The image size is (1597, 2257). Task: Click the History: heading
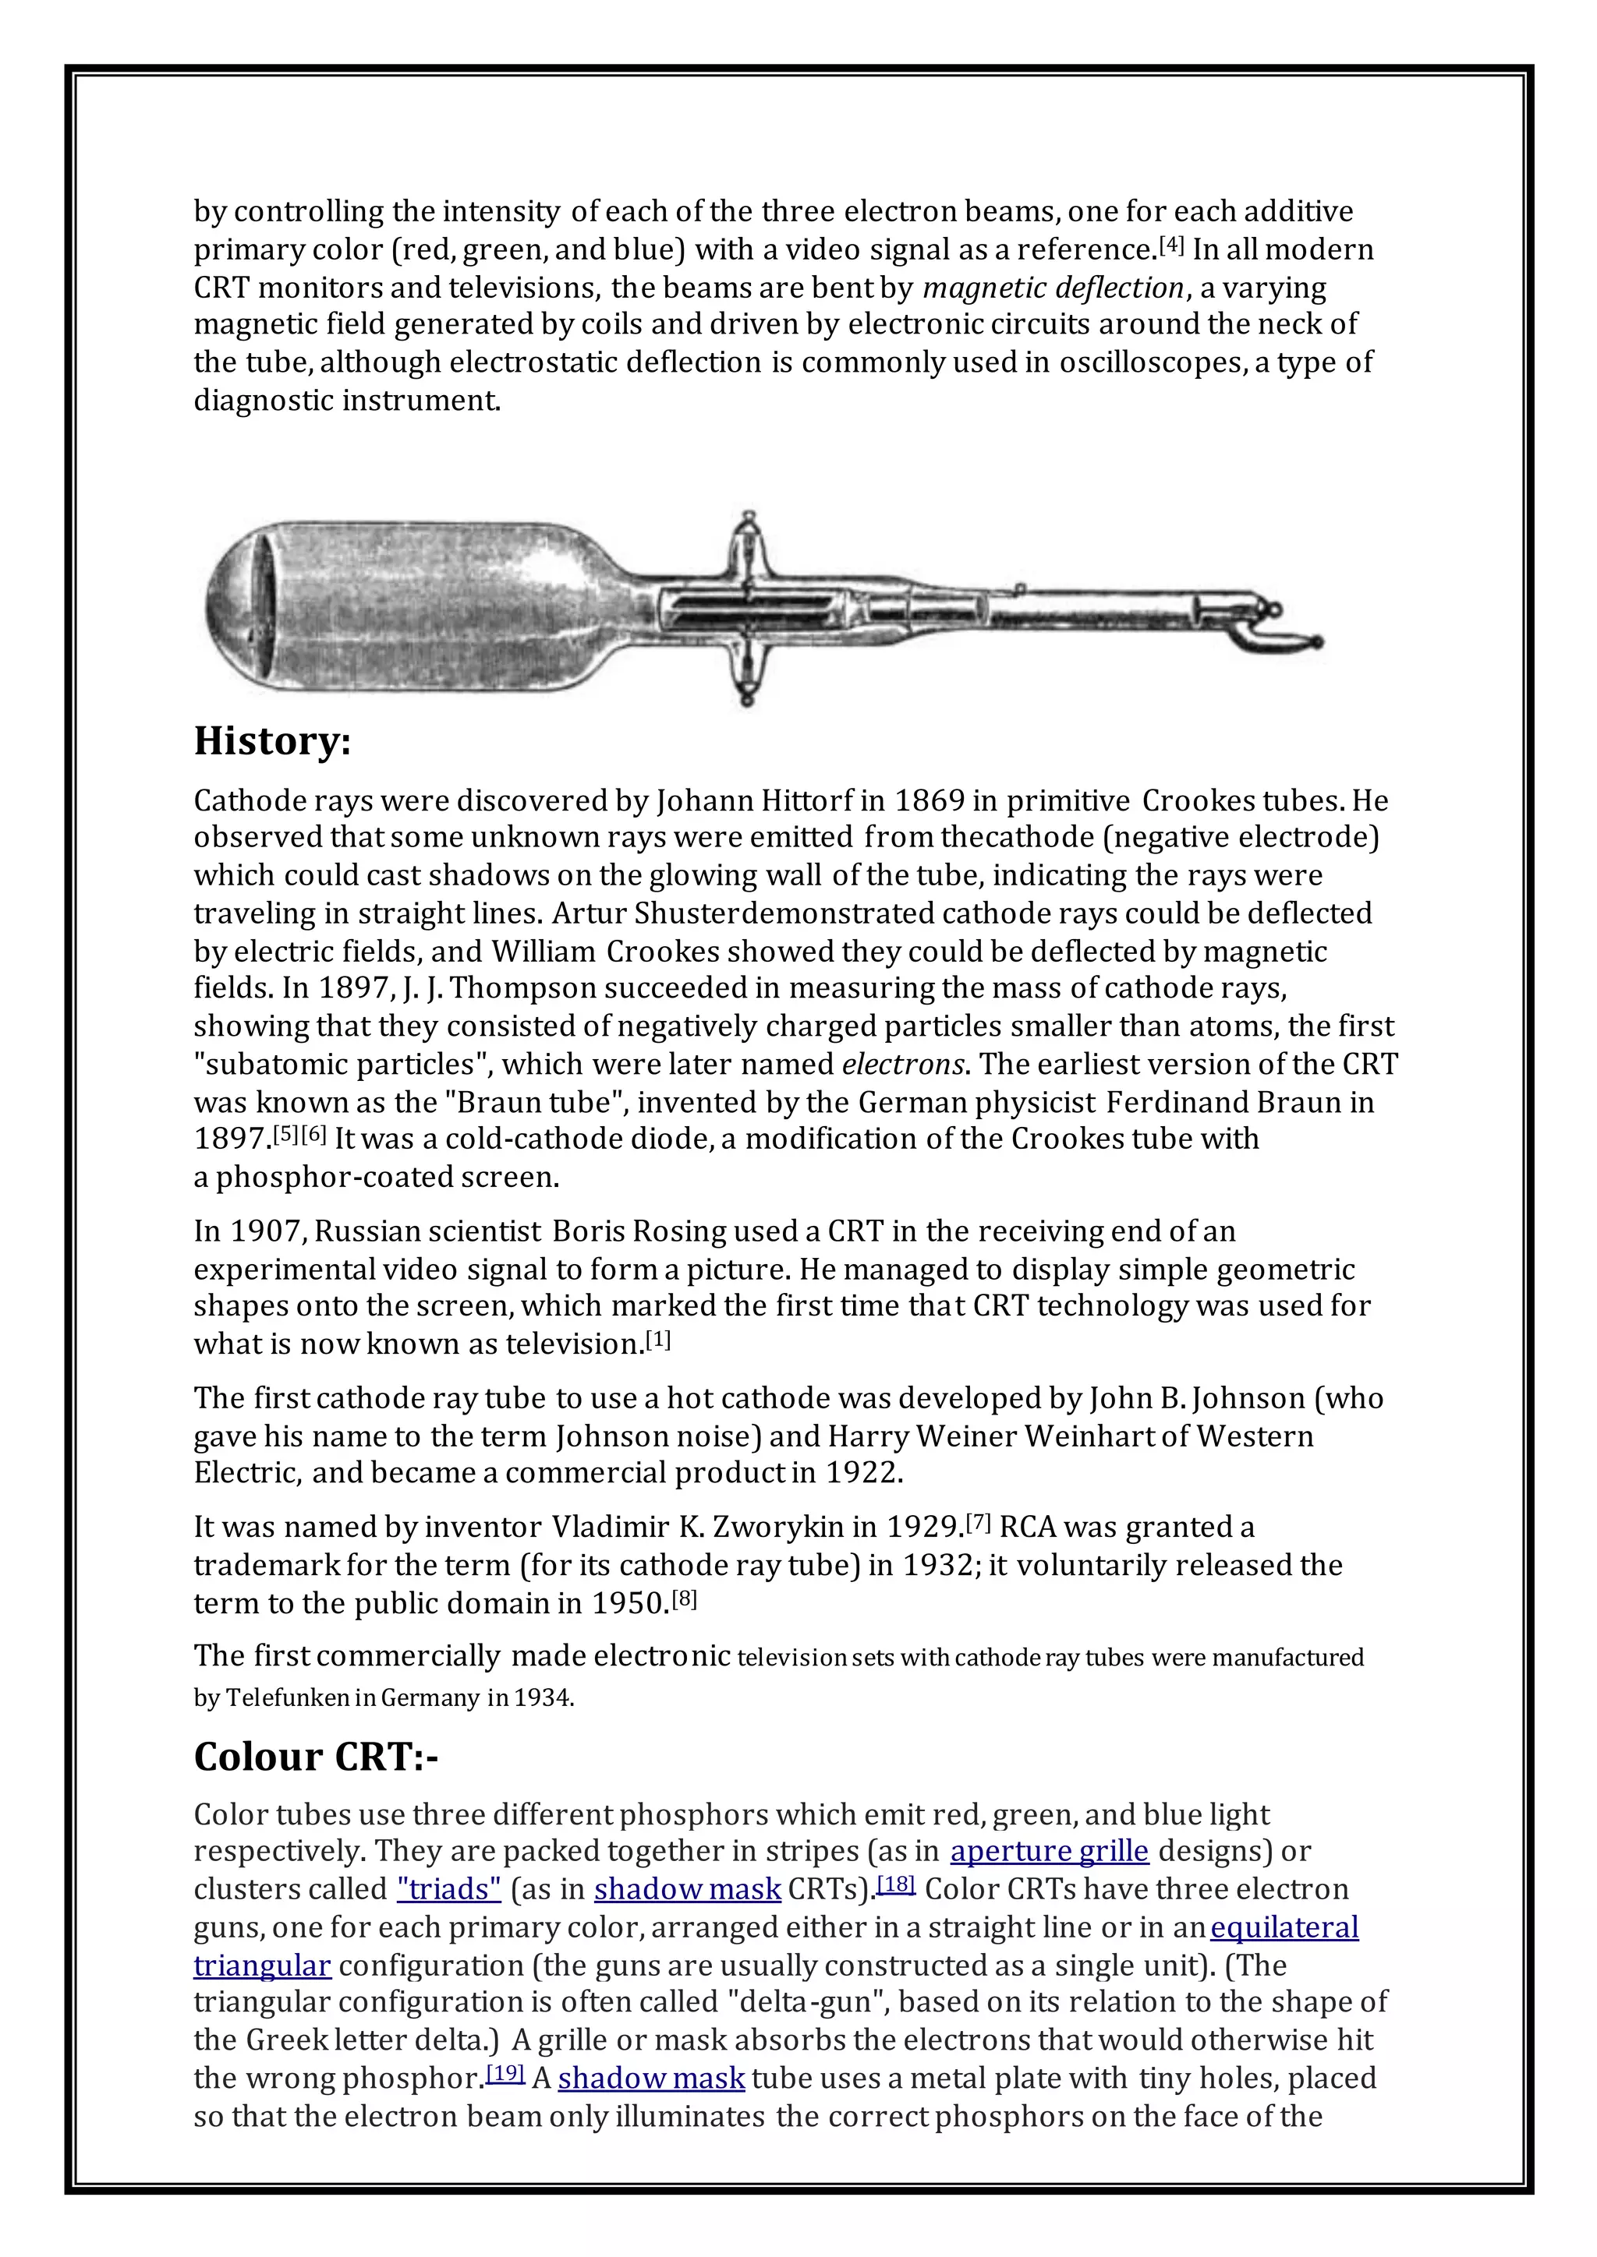(x=271, y=741)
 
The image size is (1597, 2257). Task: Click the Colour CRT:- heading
(x=316, y=1757)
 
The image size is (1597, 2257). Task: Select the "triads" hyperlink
(x=449, y=1889)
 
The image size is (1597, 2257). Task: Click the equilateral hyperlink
(x=1284, y=1927)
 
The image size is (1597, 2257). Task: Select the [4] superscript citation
(x=1171, y=245)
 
